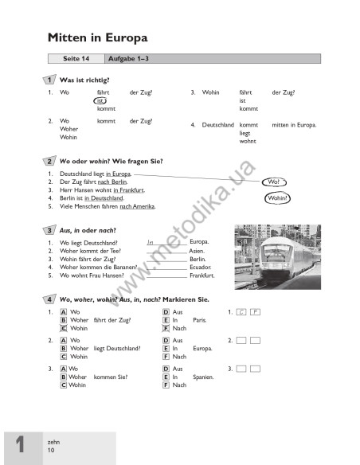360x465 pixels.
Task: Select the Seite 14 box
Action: coord(76,59)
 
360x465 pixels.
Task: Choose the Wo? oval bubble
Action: coord(272,182)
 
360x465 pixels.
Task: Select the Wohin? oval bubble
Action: coord(277,197)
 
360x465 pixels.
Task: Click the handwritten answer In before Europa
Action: coord(151,241)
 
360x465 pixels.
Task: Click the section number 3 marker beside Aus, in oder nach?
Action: coord(49,230)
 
